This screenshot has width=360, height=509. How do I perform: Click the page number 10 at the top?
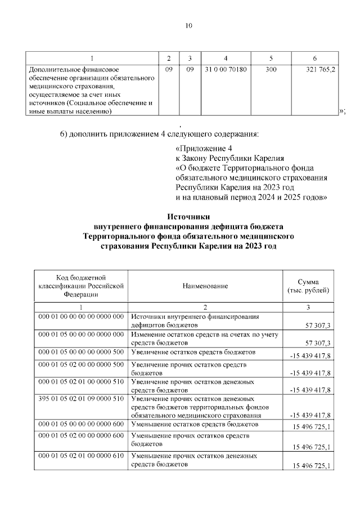189,25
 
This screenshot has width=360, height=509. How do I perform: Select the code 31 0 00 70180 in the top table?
226,69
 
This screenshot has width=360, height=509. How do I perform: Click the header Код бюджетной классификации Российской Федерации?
81,286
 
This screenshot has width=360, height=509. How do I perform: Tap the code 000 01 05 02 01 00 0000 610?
80,456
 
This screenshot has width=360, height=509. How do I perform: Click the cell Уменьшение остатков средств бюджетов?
195,424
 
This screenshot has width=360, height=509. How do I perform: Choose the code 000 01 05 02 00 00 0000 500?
80,364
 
